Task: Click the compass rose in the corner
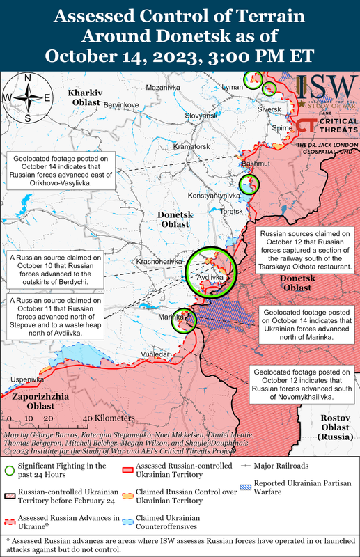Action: click(x=27, y=97)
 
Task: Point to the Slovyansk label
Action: click(x=204, y=116)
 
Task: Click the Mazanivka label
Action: click(x=163, y=88)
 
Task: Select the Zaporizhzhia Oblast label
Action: click(x=39, y=402)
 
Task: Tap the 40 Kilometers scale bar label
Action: click(x=109, y=418)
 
